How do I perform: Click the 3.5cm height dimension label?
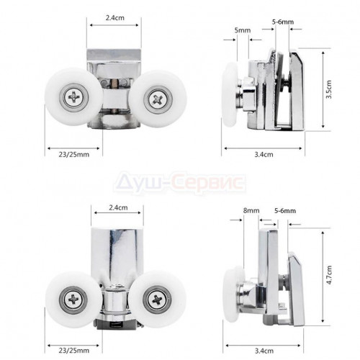[x=329, y=89]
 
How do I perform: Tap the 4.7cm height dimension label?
[x=329, y=275]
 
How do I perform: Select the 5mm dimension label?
[x=243, y=30]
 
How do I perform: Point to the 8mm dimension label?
[x=251, y=210]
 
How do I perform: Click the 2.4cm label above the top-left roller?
[x=115, y=18]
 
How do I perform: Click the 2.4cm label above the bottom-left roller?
[x=118, y=207]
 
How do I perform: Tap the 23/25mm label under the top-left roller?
[x=74, y=154]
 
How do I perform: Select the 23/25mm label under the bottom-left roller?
[x=74, y=351]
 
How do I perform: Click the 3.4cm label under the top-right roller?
[x=264, y=154]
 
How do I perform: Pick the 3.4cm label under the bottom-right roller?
[x=264, y=351]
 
